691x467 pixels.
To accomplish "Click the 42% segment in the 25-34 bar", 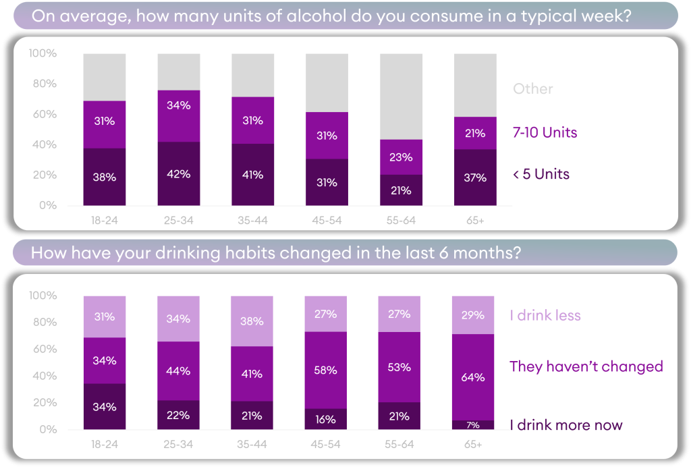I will point(179,173).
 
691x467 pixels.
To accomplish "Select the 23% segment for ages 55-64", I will point(401,157).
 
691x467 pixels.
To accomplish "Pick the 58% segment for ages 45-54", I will point(327,370).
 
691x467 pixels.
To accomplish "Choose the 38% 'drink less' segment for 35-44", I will point(252,321).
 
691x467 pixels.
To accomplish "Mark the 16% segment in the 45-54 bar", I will point(327,419).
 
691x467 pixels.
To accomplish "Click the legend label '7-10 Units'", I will point(545,132).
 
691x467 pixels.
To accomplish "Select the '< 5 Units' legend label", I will point(541,174).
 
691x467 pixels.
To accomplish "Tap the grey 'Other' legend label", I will point(532,89).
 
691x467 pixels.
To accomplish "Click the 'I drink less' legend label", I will point(545,315).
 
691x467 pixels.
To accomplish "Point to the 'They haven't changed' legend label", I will point(586,366).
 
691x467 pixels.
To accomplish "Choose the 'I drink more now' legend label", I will point(565,425).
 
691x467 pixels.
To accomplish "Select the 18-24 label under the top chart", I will point(105,221).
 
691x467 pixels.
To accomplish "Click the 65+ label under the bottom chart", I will point(474,445).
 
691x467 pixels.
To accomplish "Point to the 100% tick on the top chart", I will point(43,53).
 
